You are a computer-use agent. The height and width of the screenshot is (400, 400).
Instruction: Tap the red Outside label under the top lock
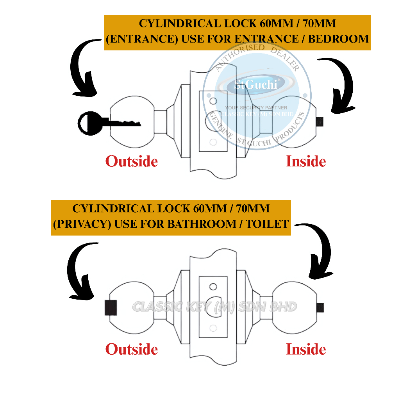[132, 161]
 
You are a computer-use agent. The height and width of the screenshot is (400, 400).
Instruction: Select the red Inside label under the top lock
[306, 161]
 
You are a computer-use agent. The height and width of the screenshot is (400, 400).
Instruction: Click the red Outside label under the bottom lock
[132, 349]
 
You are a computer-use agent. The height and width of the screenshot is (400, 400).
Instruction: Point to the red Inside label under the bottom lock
[306, 349]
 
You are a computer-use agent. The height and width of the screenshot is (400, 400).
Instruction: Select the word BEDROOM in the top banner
[342, 39]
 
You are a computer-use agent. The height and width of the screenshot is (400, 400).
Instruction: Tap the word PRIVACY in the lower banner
[76, 224]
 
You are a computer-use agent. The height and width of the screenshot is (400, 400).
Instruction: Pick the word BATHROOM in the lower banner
[200, 224]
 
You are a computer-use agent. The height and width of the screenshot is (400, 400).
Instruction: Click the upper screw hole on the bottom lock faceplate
[213, 287]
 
